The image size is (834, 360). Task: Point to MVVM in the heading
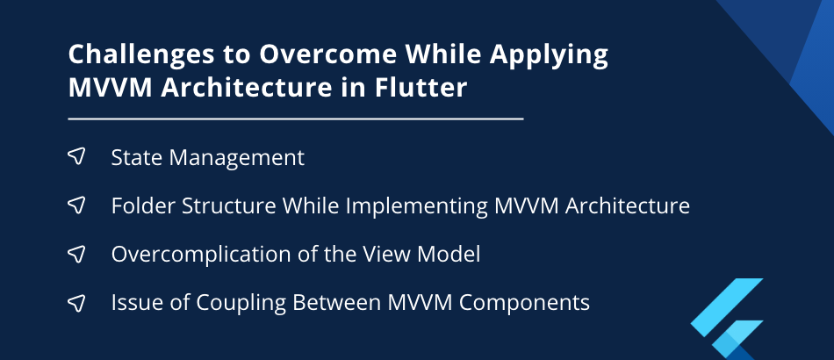(110, 88)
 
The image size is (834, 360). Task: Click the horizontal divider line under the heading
(296, 119)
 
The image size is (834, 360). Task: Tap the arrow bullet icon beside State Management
(76, 156)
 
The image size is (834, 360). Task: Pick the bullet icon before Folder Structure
(76, 205)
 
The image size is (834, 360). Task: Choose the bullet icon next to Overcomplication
(76, 254)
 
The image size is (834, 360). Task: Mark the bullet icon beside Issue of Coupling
(76, 303)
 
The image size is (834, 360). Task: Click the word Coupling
(241, 304)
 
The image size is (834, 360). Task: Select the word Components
(524, 304)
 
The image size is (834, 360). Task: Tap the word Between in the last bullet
(337, 303)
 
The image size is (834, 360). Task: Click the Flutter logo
(727, 319)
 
